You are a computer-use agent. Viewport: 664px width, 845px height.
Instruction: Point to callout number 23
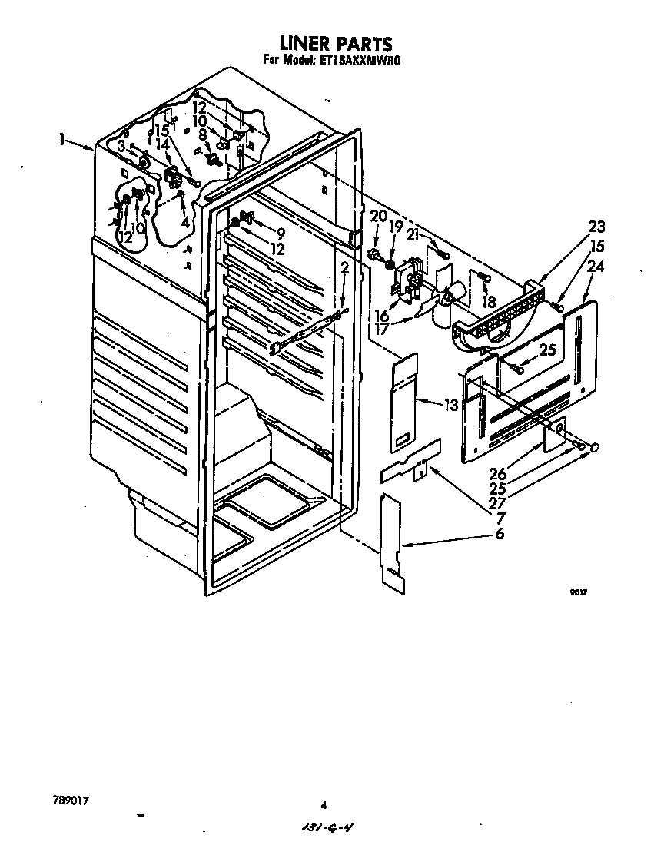click(x=574, y=227)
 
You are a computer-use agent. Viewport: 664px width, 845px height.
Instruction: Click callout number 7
click(x=500, y=517)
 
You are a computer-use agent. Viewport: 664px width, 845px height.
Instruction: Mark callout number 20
click(x=378, y=215)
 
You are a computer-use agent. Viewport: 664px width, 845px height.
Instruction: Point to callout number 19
click(x=396, y=227)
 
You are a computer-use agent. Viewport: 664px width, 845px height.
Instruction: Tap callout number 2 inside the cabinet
click(x=344, y=268)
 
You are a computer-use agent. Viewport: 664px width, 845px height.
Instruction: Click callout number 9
click(x=280, y=233)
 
